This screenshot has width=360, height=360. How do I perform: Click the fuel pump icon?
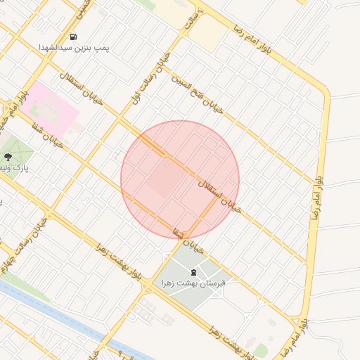click(x=75, y=37)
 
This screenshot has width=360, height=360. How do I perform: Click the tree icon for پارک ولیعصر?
click(x=8, y=157)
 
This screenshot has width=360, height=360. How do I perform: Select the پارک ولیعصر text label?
click(x=15, y=169)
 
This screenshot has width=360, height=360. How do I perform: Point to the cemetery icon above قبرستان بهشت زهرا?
click(x=193, y=271)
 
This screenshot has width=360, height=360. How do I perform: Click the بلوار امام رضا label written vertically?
click(x=318, y=181)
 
